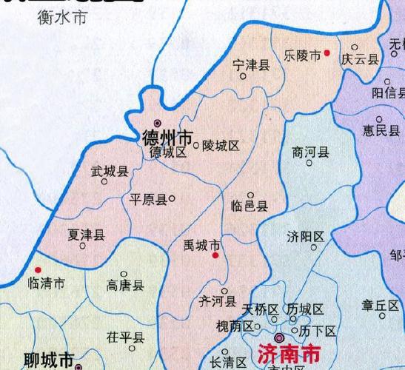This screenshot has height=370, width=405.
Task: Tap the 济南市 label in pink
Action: point(289,352)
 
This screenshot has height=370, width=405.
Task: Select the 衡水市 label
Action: point(61,18)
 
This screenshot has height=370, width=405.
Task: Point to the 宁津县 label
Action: point(250,65)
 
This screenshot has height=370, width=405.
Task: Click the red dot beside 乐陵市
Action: point(327,54)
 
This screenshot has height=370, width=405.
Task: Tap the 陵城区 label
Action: point(221,146)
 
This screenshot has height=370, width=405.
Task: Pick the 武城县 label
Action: point(110,172)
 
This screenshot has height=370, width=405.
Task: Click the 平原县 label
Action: point(148,199)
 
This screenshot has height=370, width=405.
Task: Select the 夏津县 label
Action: point(86,234)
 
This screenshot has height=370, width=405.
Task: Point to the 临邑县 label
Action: point(249,206)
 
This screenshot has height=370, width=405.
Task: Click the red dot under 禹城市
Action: point(215,255)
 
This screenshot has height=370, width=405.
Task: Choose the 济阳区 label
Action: point(306,237)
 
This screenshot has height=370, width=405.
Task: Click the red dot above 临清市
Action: point(38,271)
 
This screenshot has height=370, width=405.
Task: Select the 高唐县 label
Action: point(125,285)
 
